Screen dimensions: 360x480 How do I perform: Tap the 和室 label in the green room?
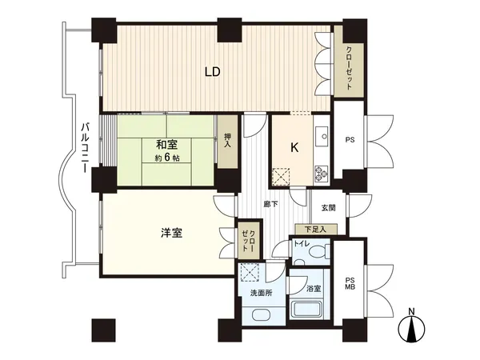pos(167,145)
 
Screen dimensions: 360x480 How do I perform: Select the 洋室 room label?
pos(170,234)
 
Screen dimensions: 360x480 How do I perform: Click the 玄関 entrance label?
pos(328,208)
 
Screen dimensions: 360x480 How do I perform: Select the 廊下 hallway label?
pos(271,204)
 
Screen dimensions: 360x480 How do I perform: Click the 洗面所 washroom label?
pos(262,293)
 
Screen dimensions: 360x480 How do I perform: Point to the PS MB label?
pos(350,285)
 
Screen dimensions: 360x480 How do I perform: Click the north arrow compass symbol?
pos(411,328)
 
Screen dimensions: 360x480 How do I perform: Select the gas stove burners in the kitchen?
pos(322,170)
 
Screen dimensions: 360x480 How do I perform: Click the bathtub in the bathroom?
pos(307,310)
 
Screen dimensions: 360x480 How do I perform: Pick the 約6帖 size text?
pos(167,157)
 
